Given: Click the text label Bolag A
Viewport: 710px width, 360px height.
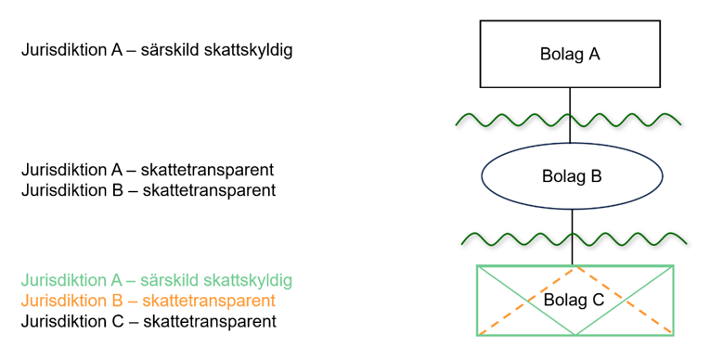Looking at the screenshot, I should (570, 54).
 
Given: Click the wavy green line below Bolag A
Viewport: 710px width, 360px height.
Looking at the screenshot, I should (520, 119).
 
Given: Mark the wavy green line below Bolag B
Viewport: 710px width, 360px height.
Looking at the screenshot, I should (520, 239).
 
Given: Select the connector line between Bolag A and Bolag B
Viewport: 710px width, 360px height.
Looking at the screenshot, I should (570, 102).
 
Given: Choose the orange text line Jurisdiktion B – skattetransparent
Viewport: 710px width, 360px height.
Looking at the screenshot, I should (148, 301).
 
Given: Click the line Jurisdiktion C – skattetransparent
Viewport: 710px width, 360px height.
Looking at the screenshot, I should (148, 322).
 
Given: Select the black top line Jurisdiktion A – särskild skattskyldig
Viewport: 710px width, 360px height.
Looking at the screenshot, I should (157, 50).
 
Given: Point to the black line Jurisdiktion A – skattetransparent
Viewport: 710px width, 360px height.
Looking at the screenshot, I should (148, 170).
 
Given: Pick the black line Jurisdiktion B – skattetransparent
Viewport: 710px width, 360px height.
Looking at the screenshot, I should (148, 191).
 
